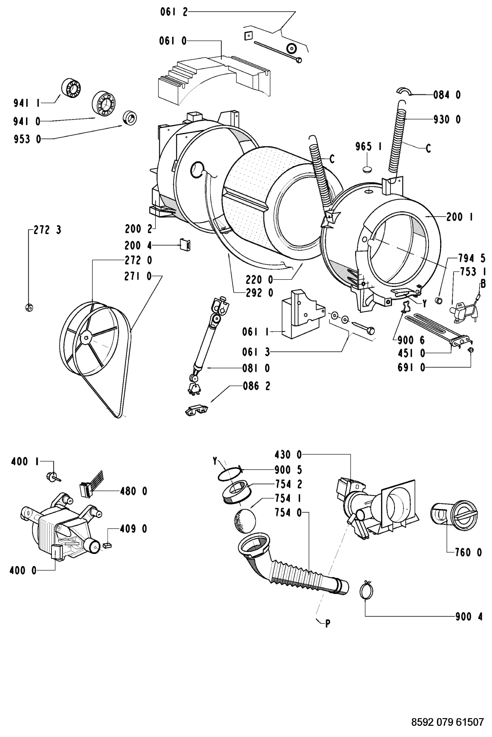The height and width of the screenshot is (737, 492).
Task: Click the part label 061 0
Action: (173, 41)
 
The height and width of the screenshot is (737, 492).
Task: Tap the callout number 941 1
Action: (26, 103)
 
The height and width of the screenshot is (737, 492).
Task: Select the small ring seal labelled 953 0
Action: (130, 118)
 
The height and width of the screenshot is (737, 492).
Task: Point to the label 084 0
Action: (447, 95)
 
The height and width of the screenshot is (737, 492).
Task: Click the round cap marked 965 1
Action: (369, 170)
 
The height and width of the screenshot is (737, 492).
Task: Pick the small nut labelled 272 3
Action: (29, 307)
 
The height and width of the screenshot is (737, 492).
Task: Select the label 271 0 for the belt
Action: (138, 277)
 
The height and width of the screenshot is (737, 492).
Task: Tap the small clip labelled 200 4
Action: (185, 245)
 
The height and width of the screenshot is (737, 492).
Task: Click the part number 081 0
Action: (256, 368)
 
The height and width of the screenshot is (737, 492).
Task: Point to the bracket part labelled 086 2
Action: (196, 411)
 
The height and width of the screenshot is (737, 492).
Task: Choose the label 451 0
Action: (411, 354)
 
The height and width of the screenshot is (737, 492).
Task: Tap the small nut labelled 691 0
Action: (470, 349)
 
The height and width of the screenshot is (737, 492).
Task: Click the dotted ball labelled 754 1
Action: (245, 521)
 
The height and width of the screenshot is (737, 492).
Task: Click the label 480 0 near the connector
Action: (133, 491)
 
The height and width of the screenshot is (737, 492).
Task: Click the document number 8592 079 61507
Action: (448, 722)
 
